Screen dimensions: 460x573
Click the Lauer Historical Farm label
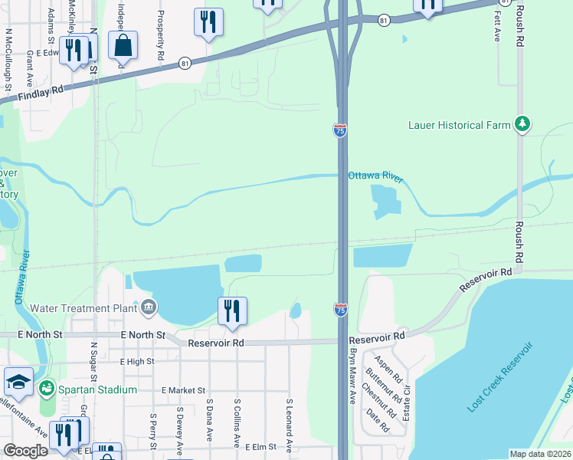tap(459, 125)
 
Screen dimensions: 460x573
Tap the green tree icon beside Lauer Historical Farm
tap(522, 123)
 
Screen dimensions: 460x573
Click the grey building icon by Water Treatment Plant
tap(147, 308)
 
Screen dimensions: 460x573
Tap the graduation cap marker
tap(18, 382)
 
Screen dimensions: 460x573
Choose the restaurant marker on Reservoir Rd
tap(232, 310)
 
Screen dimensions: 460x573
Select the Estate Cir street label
tap(407, 399)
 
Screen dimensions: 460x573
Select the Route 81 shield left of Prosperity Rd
tap(185, 64)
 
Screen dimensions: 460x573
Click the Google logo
tap(25, 451)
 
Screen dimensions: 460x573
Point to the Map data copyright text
tap(539, 454)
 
